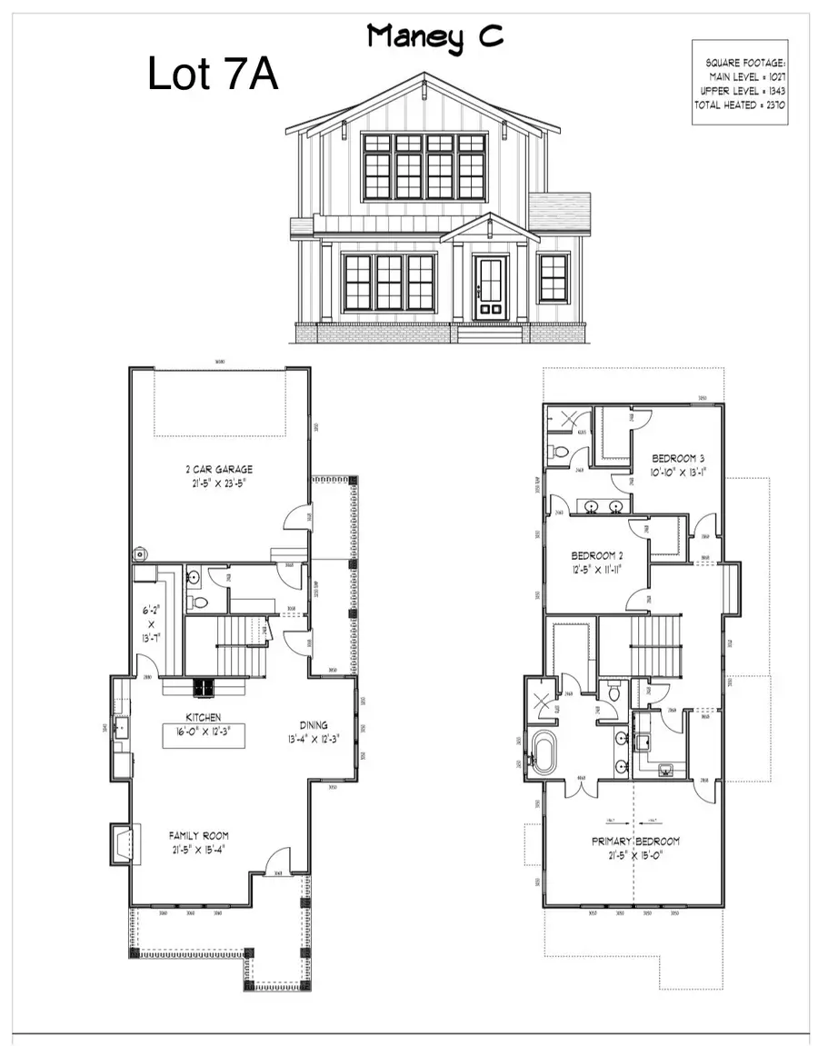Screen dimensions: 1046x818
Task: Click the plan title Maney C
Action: tap(434, 37)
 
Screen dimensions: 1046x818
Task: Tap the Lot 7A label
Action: tap(213, 75)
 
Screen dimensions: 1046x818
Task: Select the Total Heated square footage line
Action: tap(740, 105)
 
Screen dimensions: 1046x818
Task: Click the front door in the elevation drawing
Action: tap(490, 287)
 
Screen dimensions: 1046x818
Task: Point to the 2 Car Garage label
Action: tap(215, 470)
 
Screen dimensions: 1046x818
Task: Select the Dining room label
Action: tap(313, 725)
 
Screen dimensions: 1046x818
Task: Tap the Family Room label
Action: tap(199, 835)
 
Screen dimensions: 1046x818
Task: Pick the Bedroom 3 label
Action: tap(678, 458)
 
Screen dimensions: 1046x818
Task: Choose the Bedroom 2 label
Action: tap(597, 556)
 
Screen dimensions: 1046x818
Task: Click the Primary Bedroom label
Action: tap(635, 842)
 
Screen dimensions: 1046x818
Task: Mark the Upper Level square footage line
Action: tap(743, 92)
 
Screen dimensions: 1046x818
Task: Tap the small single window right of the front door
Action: tap(553, 277)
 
